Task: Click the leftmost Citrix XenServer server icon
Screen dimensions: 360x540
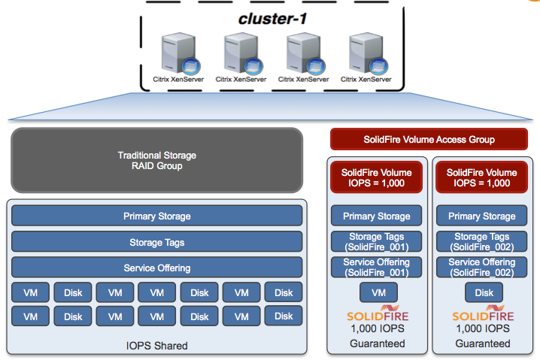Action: click(x=177, y=53)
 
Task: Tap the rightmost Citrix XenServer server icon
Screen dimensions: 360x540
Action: click(x=366, y=53)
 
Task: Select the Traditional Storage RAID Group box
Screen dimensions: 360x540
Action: click(x=156, y=161)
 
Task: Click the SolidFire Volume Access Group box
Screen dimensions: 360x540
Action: click(x=429, y=139)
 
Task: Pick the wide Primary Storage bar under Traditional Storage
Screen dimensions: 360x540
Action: click(x=156, y=216)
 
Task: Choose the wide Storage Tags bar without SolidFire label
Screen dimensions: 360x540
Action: click(x=156, y=242)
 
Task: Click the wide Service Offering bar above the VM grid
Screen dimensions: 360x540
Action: click(x=156, y=268)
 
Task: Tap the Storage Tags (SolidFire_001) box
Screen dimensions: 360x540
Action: click(x=376, y=242)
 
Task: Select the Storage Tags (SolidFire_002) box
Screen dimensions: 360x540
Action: click(x=481, y=242)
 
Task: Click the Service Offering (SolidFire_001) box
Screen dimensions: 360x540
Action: click(x=376, y=267)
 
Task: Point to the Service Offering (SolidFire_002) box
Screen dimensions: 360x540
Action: click(x=481, y=267)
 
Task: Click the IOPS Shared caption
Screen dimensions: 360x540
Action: click(x=156, y=346)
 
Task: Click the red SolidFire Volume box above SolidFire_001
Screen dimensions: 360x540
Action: click(x=376, y=177)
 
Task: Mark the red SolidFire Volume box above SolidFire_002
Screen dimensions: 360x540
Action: click(x=481, y=177)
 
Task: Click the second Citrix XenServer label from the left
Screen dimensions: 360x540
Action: click(x=241, y=78)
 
